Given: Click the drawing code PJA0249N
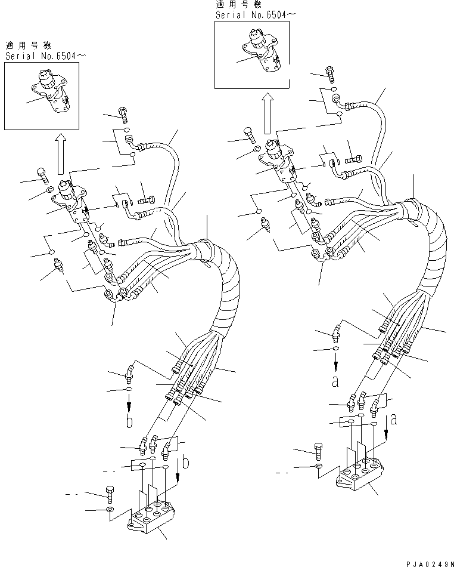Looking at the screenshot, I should point(427,562).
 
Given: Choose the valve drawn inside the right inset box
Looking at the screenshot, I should point(263,50).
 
